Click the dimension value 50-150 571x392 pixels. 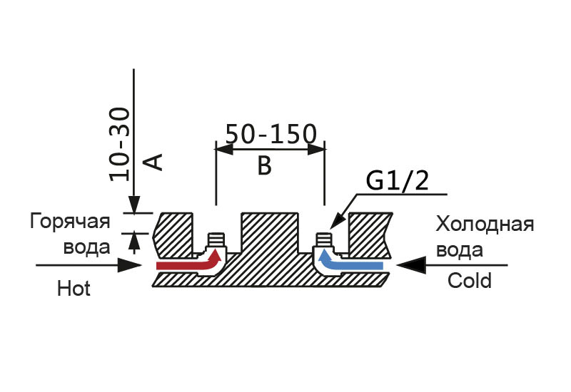click(x=271, y=134)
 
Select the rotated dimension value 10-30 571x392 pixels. click(x=119, y=145)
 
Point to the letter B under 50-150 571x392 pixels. click(x=264, y=165)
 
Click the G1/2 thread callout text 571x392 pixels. click(x=398, y=181)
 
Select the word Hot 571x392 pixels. click(x=74, y=289)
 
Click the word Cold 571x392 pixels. click(x=470, y=281)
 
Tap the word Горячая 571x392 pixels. click(x=70, y=222)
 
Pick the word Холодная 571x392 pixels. click(x=485, y=225)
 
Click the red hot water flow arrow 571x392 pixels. click(x=189, y=261)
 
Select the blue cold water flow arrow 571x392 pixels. click(x=350, y=262)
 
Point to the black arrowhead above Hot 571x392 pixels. click(x=129, y=265)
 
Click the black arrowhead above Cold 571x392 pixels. click(x=411, y=265)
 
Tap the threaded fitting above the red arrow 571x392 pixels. click(x=216, y=239)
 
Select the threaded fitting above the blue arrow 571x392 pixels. click(x=323, y=239)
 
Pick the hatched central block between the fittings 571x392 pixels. click(x=270, y=233)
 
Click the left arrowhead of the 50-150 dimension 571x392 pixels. click(x=224, y=149)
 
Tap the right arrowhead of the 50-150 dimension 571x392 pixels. click(x=316, y=149)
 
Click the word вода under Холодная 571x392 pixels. click(x=460, y=250)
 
